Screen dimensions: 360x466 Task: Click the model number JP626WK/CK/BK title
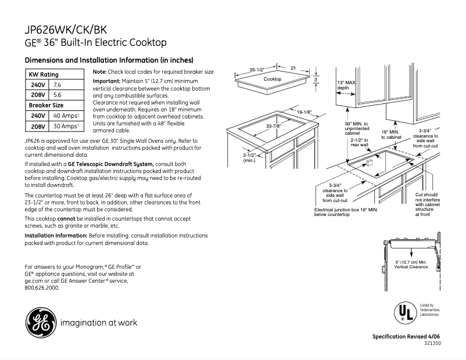(66, 30)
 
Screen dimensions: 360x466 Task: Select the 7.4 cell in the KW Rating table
(58, 85)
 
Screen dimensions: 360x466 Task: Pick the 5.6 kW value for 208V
(58, 94)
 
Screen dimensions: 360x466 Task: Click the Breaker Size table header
(46, 105)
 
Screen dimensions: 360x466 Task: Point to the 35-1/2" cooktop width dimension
(257, 70)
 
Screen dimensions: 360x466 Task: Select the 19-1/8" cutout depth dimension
(304, 112)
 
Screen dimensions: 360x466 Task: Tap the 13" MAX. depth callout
(346, 85)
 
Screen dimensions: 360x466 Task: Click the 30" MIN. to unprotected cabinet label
(356, 128)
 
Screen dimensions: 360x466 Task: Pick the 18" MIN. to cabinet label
(392, 135)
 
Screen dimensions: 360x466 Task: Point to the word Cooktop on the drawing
(273, 79)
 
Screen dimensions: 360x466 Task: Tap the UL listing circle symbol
(404, 312)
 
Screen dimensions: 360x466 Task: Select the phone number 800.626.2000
(42, 287)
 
